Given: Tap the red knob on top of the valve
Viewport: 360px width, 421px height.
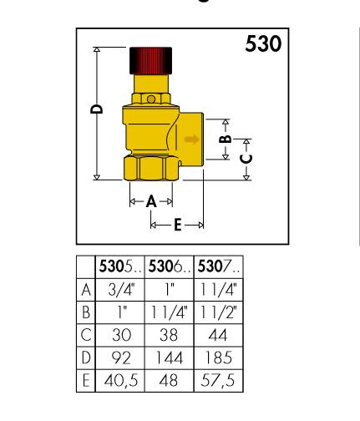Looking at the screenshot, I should [150, 59].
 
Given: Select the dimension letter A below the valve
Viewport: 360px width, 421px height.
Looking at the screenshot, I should [150, 201].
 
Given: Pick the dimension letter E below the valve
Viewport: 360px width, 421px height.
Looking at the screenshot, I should [177, 224].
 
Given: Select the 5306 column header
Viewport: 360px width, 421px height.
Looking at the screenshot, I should [167, 266].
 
